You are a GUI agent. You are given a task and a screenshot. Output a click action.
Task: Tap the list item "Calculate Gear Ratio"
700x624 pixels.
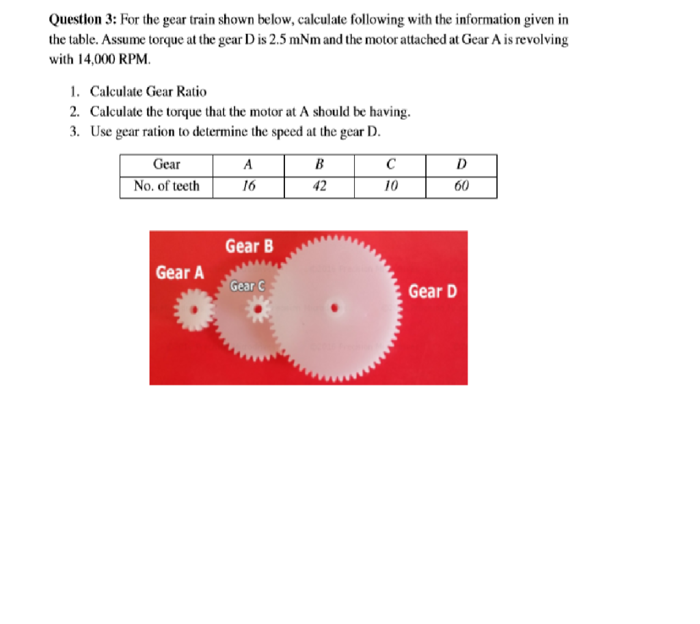pyautogui.click(x=148, y=91)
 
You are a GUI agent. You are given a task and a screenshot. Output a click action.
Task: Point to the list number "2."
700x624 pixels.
pyautogui.click(x=75, y=111)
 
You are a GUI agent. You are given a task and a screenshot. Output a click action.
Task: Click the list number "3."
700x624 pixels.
pyautogui.click(x=75, y=131)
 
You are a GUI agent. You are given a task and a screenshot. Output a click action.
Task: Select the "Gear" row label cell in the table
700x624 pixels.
pyautogui.click(x=167, y=165)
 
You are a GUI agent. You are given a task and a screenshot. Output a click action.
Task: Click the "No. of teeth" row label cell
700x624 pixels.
pyautogui.click(x=167, y=186)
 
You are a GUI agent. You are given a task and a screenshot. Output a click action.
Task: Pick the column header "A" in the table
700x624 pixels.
pyautogui.click(x=248, y=165)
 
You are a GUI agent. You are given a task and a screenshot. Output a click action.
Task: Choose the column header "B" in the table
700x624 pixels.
pyautogui.click(x=319, y=165)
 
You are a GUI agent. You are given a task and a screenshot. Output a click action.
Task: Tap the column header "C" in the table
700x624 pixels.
pyautogui.click(x=390, y=165)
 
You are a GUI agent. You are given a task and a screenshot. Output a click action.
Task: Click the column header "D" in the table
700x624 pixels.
pyautogui.click(x=461, y=165)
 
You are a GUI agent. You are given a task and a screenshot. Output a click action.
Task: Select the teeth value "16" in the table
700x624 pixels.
pyautogui.click(x=248, y=186)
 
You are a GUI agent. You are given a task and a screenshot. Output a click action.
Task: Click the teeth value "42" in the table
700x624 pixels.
pyautogui.click(x=319, y=186)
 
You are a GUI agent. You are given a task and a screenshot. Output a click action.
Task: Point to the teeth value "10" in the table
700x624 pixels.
pyautogui.click(x=390, y=186)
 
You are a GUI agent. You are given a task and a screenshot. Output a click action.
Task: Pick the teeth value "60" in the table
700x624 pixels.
pyautogui.click(x=461, y=186)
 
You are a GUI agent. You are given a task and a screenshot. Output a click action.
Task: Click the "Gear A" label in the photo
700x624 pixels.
pyautogui.click(x=180, y=272)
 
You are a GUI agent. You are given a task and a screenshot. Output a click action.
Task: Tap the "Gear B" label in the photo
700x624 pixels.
pyautogui.click(x=249, y=246)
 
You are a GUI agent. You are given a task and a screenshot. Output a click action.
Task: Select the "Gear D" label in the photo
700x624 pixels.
pyautogui.click(x=432, y=292)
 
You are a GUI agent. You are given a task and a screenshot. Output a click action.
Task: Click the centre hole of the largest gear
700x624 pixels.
pyautogui.click(x=335, y=308)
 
